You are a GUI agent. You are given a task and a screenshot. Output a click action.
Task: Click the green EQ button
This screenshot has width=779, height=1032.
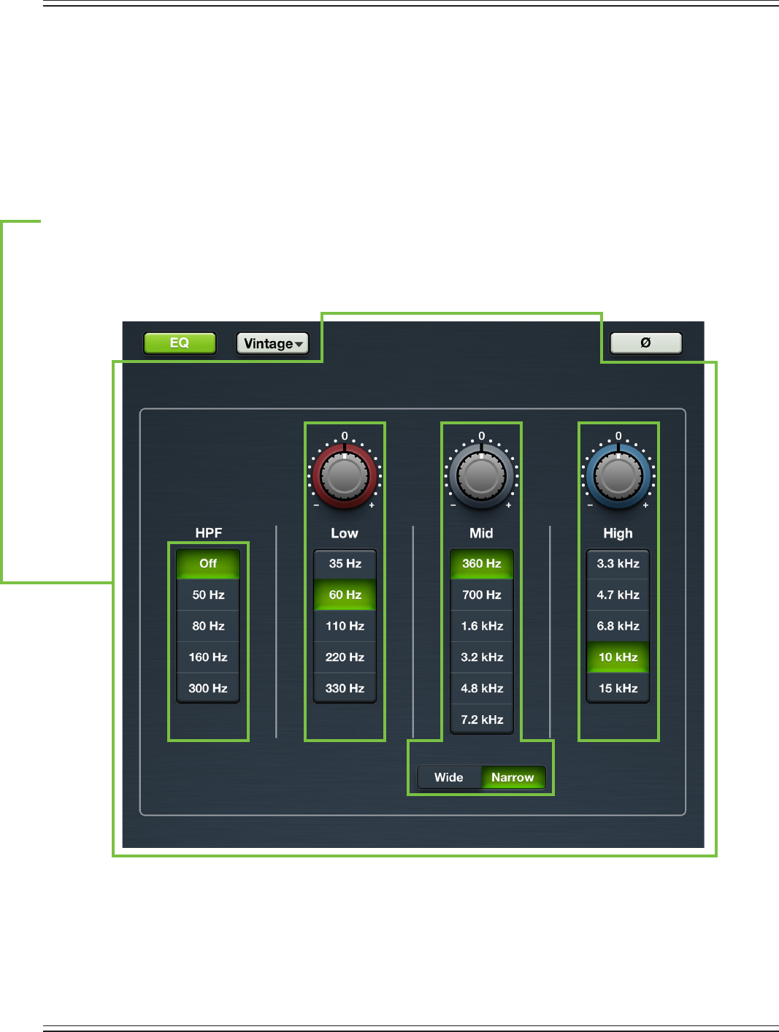(x=180, y=343)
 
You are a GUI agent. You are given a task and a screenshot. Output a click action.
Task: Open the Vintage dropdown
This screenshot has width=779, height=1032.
(x=272, y=343)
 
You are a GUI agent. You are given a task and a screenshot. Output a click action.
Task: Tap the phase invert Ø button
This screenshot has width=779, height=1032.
(x=645, y=343)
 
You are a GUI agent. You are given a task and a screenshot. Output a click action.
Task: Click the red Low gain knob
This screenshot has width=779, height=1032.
(x=345, y=476)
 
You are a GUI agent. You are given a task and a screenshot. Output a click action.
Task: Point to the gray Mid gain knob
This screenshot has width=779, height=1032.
(x=481, y=476)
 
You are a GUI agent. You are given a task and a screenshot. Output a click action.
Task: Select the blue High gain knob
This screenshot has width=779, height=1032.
(x=618, y=476)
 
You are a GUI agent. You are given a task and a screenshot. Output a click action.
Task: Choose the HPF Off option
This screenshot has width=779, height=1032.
(x=208, y=564)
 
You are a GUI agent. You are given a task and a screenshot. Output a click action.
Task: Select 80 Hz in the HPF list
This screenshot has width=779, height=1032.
(x=208, y=626)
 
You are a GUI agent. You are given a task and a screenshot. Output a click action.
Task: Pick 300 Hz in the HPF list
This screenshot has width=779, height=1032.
(x=208, y=688)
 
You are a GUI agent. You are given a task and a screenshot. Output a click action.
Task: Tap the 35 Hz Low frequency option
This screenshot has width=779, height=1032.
(x=345, y=564)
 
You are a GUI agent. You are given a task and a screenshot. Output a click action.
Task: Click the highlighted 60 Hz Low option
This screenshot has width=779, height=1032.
(x=345, y=595)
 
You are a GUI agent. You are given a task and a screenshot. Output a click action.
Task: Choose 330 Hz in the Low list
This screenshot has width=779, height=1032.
(x=345, y=688)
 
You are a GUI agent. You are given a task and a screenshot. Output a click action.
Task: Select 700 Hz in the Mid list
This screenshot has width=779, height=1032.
(x=482, y=595)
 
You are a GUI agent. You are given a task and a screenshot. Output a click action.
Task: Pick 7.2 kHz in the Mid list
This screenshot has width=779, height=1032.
(x=482, y=719)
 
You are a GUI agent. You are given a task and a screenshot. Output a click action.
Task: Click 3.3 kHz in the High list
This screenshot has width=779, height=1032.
(x=618, y=564)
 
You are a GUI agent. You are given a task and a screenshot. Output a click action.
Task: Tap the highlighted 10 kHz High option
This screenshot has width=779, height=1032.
(x=618, y=657)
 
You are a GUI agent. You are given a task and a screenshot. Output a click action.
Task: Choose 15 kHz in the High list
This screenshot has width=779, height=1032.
(x=618, y=688)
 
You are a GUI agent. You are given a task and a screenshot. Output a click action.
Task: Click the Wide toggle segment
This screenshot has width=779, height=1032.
(x=449, y=777)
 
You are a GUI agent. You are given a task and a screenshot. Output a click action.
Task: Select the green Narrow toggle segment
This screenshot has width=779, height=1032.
(x=513, y=777)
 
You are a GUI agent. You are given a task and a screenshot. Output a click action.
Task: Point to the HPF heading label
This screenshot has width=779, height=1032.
(x=208, y=533)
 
